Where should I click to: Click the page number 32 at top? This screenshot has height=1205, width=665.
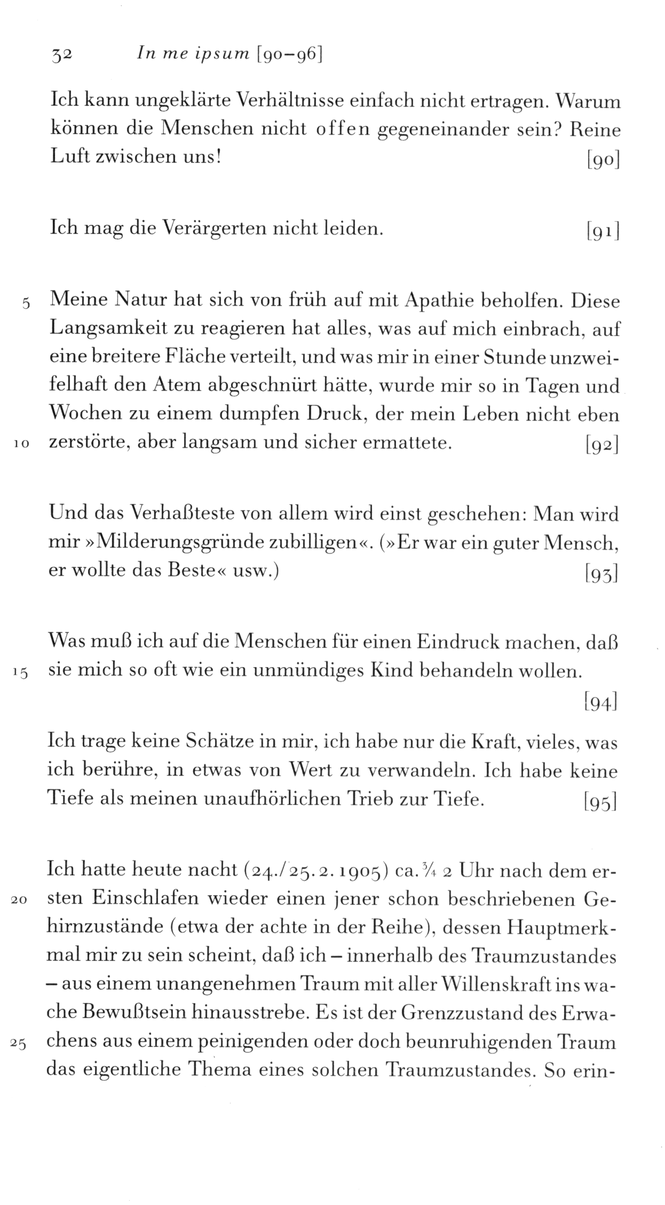click(61, 54)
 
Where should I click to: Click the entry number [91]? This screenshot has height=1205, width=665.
click(602, 231)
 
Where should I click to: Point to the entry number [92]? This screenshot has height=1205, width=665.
click(602, 445)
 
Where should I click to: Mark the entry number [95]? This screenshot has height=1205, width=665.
click(601, 802)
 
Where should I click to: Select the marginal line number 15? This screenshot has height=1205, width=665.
click(21, 674)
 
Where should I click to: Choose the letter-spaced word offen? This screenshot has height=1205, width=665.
click(342, 130)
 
